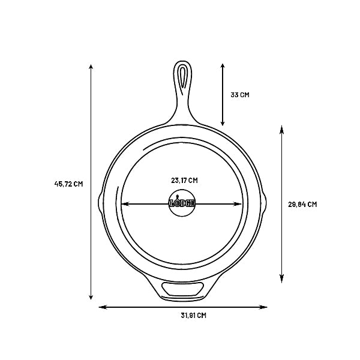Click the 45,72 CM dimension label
68,184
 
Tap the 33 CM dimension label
240,95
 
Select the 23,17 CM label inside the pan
184,181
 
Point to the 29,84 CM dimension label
302,205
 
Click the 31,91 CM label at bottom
194,316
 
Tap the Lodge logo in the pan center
182,203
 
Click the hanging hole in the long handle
182,80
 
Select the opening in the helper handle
182,289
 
